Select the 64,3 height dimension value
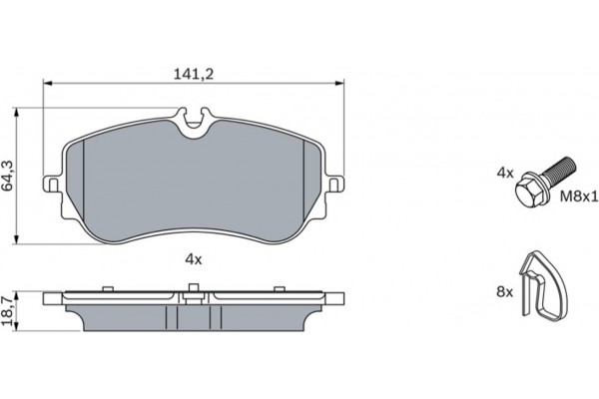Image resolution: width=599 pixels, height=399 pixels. click(x=10, y=176)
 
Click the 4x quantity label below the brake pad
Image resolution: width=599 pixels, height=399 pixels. click(x=194, y=259)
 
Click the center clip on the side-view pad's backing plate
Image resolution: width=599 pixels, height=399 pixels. click(x=190, y=291)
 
